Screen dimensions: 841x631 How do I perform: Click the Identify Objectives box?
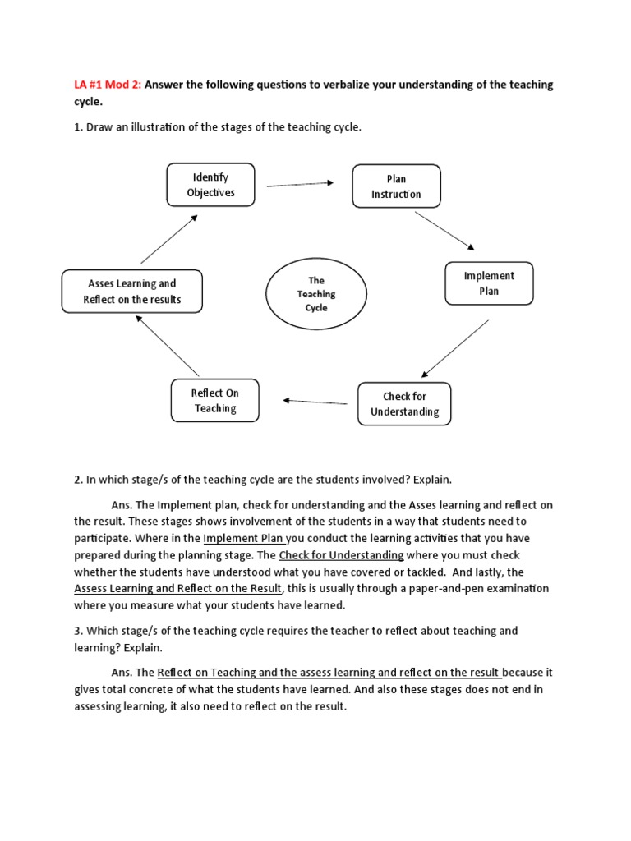click(x=210, y=185)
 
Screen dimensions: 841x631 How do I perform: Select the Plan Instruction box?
click(x=397, y=186)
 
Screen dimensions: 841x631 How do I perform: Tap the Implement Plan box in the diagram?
click(x=489, y=283)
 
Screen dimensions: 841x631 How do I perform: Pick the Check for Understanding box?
click(x=404, y=404)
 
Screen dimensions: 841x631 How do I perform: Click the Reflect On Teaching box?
click(x=215, y=401)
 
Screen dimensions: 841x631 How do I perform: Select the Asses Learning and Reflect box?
click(x=131, y=292)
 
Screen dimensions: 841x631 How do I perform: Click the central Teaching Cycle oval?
click(x=316, y=294)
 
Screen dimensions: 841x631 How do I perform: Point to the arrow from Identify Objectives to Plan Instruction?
click(x=300, y=184)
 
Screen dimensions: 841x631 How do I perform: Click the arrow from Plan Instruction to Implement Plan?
click(x=444, y=231)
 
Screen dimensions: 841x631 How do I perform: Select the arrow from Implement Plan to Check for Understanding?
click(x=455, y=348)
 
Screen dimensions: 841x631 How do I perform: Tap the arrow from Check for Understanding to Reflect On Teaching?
click(x=315, y=402)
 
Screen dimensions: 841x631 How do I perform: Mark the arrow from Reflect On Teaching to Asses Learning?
click(x=168, y=346)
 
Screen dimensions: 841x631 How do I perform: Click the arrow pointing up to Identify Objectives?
click(x=169, y=239)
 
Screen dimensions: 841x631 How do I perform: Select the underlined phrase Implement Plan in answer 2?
click(x=244, y=539)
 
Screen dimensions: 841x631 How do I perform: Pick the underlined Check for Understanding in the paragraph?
click(x=341, y=555)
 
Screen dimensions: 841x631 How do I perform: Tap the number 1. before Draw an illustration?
click(x=79, y=127)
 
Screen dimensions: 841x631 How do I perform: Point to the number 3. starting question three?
click(x=79, y=631)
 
